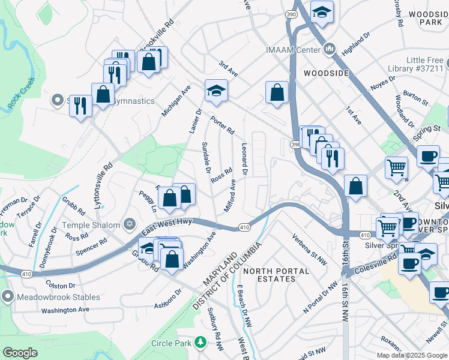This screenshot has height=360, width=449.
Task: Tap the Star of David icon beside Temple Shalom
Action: (x=128, y=224)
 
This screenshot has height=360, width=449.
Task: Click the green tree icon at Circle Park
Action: (x=200, y=343)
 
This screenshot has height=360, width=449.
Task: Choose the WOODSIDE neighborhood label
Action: (x=326, y=73)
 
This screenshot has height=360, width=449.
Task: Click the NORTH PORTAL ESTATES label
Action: (x=276, y=275)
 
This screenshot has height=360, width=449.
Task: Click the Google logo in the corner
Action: (x=20, y=353)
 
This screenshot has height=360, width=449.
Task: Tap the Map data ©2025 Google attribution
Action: (x=412, y=355)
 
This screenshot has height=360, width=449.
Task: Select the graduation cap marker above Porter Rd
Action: (x=216, y=91)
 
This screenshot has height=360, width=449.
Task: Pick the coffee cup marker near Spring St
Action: (x=427, y=156)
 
